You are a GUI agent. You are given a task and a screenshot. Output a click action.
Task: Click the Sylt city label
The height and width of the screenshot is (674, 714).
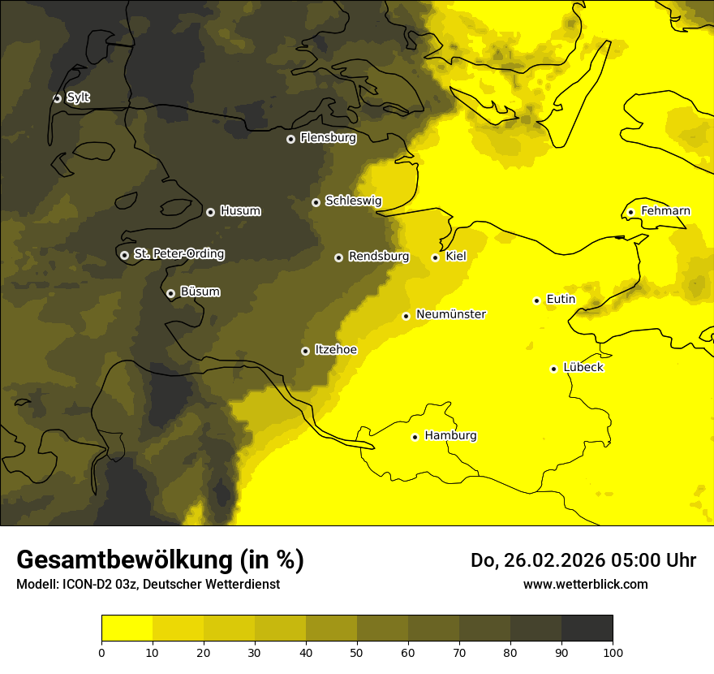(78, 97)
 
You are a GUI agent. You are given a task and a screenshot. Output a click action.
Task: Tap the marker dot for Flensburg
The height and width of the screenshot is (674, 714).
(290, 139)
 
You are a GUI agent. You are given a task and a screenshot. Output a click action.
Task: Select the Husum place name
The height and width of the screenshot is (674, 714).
(240, 211)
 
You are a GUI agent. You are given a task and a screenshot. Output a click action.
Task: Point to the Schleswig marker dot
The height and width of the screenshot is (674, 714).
(316, 202)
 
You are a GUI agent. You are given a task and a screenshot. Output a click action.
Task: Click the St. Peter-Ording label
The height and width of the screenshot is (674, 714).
(178, 254)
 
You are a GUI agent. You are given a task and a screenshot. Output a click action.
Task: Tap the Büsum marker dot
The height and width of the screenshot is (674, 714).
(170, 294)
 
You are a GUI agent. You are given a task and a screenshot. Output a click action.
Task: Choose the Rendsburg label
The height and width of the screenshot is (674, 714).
(378, 257)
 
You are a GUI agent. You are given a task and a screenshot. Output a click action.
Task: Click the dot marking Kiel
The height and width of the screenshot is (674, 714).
(435, 257)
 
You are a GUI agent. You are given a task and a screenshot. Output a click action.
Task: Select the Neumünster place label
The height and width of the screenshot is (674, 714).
(450, 314)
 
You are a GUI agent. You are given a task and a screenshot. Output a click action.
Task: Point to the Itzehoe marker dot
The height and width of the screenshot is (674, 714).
(305, 351)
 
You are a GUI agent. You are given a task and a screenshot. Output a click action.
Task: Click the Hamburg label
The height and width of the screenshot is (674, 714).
(450, 436)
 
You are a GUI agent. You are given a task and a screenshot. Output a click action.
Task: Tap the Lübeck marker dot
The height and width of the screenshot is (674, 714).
(554, 369)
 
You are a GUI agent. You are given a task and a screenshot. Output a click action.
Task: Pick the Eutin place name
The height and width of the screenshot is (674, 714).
(561, 300)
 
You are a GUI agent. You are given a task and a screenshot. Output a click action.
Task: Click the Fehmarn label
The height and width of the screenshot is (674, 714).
(665, 211)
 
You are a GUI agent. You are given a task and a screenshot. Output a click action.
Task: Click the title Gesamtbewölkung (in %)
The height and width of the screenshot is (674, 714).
(160, 560)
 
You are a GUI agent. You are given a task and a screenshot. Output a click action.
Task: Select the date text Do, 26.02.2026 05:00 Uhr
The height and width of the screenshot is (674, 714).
(583, 560)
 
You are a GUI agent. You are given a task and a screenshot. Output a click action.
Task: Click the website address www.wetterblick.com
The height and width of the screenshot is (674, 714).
(585, 584)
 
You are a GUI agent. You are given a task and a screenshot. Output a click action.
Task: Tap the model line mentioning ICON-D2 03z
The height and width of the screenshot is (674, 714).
(148, 584)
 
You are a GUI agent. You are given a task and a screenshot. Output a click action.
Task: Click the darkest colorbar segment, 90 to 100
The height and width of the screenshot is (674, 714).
(587, 629)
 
